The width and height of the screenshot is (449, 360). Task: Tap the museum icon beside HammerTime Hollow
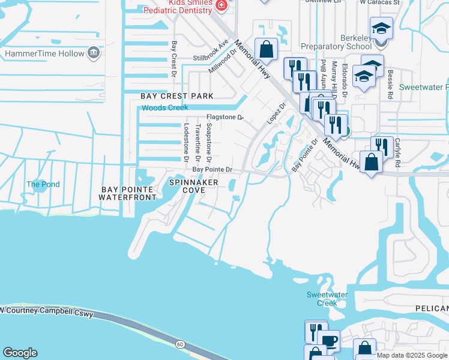point(94,53)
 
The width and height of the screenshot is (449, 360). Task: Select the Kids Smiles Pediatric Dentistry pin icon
point(221,6)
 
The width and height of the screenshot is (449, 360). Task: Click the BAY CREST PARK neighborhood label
point(177,96)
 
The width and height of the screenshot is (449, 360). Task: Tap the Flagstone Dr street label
point(224,117)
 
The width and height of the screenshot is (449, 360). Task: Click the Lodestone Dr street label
point(187,143)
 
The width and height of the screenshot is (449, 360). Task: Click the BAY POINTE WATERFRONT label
point(127,193)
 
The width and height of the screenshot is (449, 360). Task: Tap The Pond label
point(43,184)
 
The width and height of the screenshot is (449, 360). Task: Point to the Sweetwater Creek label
point(322,299)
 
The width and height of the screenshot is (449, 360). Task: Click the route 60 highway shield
point(180,344)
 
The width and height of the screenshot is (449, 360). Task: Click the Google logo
point(20,353)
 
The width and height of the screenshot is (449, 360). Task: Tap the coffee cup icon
point(329,341)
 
